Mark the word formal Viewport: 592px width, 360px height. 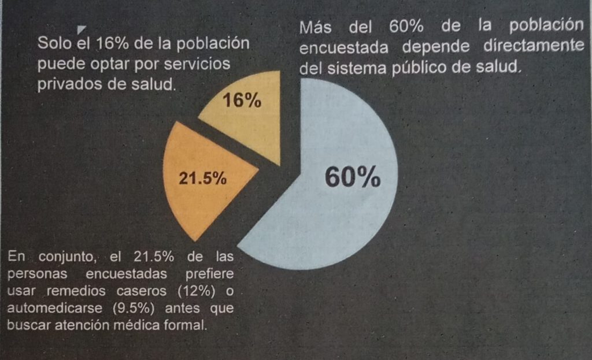coord(186,325)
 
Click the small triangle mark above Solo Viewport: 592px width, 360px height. coord(82,29)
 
